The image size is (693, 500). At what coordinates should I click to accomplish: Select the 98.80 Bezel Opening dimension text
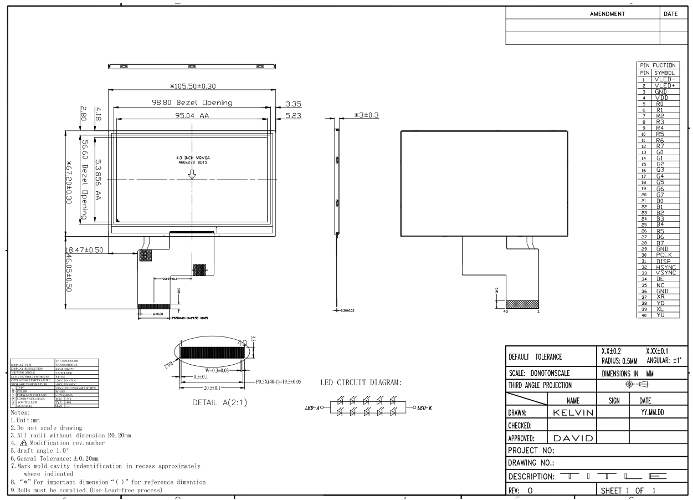coord(192,103)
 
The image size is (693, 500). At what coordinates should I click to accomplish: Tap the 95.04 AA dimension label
coord(191,116)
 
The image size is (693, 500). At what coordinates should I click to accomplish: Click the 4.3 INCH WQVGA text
coord(192,158)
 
